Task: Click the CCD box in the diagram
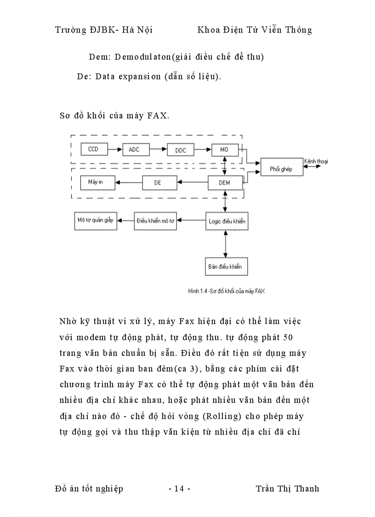click(93, 149)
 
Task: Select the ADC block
click(134, 150)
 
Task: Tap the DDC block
click(181, 151)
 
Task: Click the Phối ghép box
click(280, 169)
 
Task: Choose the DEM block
click(225, 183)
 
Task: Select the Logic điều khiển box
click(226, 221)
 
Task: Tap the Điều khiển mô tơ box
click(155, 221)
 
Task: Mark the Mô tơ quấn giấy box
click(96, 221)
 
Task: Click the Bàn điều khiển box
click(224, 266)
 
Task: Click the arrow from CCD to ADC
click(114, 150)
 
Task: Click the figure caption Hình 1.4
click(226, 291)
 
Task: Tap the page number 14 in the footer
click(179, 488)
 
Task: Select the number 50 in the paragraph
click(288, 337)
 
